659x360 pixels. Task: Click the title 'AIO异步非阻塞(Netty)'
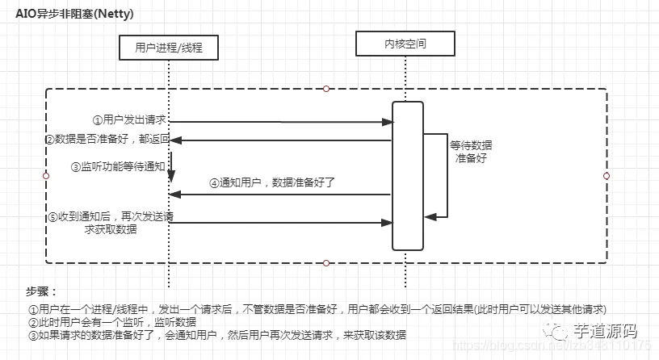coord(73,14)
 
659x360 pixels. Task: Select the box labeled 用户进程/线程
coord(168,48)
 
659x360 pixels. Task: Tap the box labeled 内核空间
coord(405,42)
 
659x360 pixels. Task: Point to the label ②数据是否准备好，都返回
coord(107,140)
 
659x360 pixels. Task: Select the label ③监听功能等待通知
coord(118,166)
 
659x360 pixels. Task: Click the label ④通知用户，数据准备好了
coord(272,182)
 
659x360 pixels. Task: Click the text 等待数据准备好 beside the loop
coord(470,151)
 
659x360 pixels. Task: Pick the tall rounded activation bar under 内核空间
coord(407,175)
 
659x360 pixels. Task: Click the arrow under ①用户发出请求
coord(281,122)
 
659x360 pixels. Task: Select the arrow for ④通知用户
coord(280,195)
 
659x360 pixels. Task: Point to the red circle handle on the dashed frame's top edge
coord(325,88)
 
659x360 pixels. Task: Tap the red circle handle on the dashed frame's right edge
coord(607,175)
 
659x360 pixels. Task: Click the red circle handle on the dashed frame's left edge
coord(45,175)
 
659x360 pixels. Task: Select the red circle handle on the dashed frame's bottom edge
coord(325,262)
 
